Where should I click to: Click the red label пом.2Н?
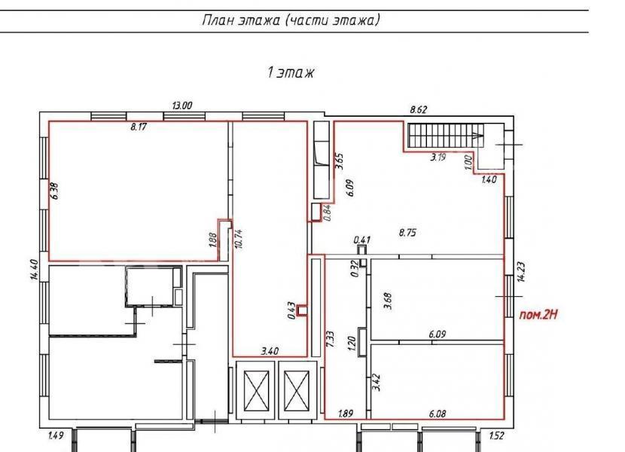(538, 315)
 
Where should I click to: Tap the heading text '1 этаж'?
(291, 72)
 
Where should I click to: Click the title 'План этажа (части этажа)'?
(291, 20)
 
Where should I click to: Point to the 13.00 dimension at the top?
(181, 105)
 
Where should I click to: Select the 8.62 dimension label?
(419, 109)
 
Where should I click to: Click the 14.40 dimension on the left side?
(35, 270)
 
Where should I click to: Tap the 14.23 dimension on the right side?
(521, 272)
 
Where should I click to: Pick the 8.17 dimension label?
(139, 127)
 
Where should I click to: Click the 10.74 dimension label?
(239, 239)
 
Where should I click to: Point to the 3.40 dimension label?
(270, 352)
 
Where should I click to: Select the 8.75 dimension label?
(408, 233)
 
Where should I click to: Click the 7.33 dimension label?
(330, 339)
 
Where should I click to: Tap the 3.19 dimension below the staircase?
(437, 157)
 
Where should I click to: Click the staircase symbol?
(446, 136)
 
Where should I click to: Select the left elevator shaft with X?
(256, 390)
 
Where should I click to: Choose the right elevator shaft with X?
(297, 390)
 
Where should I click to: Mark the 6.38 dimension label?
(55, 191)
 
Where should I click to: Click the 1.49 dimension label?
(56, 435)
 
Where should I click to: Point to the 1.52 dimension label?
(497, 435)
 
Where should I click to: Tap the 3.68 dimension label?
(388, 301)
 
